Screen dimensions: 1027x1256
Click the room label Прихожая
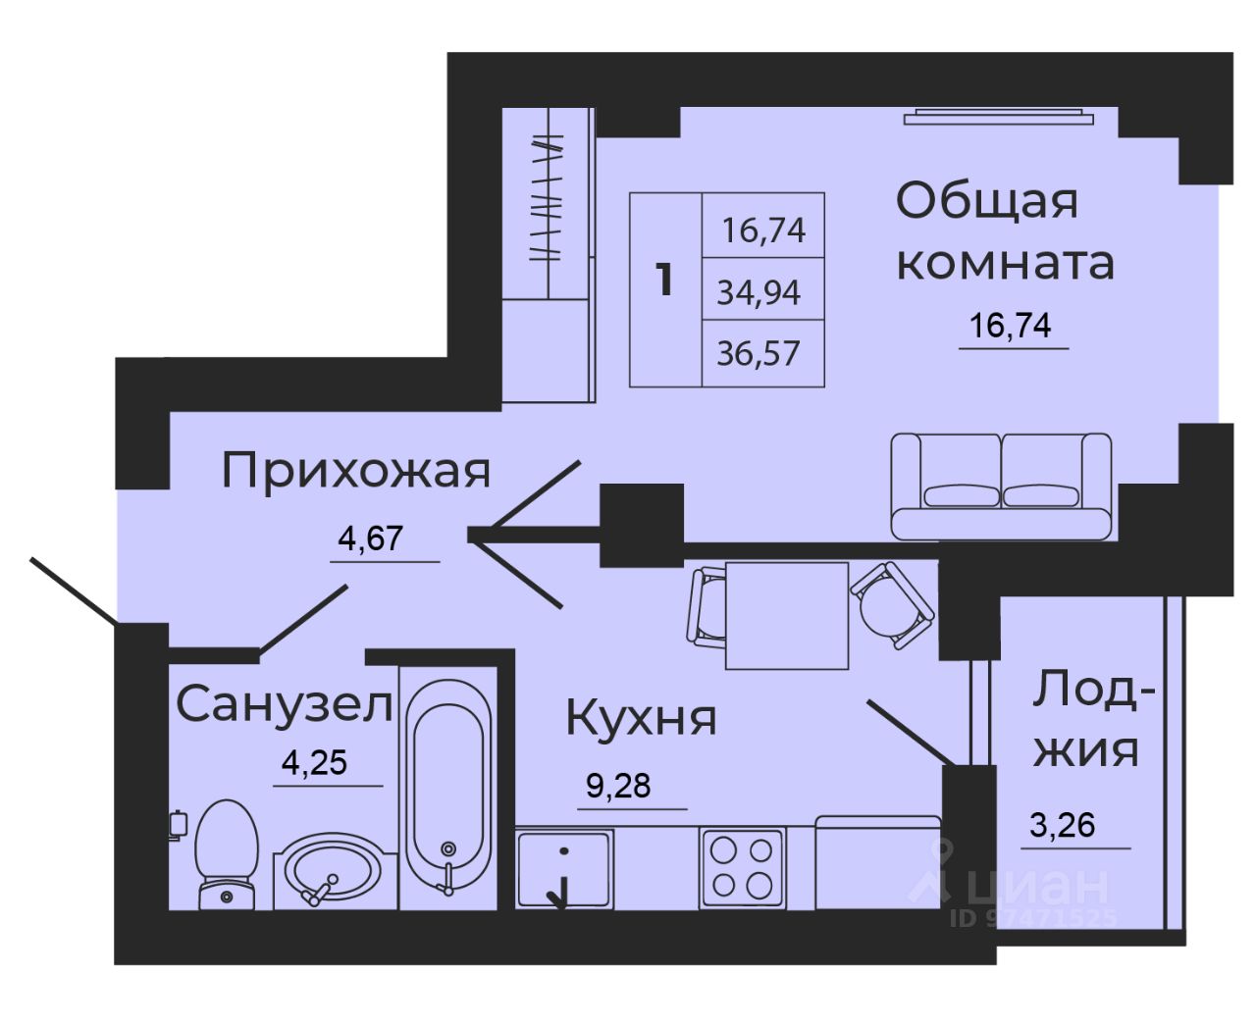coord(355,471)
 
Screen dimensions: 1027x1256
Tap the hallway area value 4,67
coord(371,538)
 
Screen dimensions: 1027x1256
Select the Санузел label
coord(285,704)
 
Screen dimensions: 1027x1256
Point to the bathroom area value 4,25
coord(314,762)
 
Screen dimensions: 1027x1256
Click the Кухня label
coord(641,719)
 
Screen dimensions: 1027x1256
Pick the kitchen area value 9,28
coord(618,786)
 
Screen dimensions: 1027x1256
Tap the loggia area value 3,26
coord(1062,825)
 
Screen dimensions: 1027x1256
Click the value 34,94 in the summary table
coord(759,292)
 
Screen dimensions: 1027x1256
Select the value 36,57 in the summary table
coord(759,353)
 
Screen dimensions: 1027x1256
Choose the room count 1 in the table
coord(665,281)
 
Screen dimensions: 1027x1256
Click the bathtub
coord(448,785)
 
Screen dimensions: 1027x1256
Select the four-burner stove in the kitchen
coord(742,867)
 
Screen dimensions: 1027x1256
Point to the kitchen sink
coord(564,867)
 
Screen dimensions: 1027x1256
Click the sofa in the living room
coord(1001,487)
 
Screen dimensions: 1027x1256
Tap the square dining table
coord(786,615)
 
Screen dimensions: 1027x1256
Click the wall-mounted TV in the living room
coord(999,118)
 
